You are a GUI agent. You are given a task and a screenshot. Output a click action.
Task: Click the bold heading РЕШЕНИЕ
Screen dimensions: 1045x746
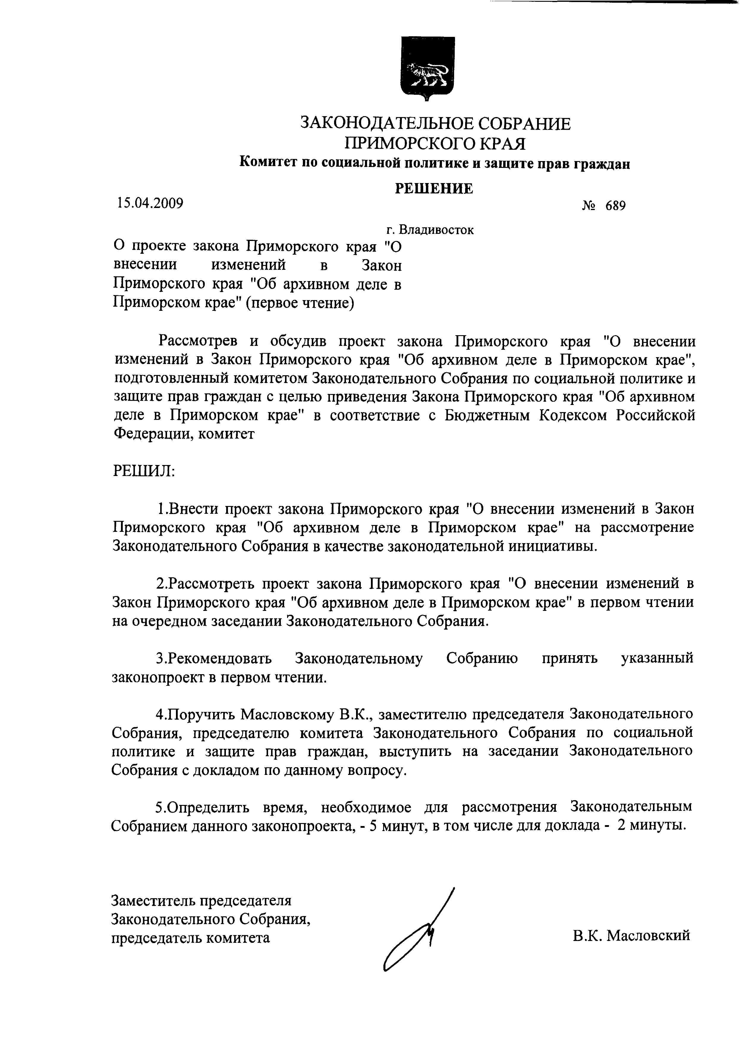point(434,188)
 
